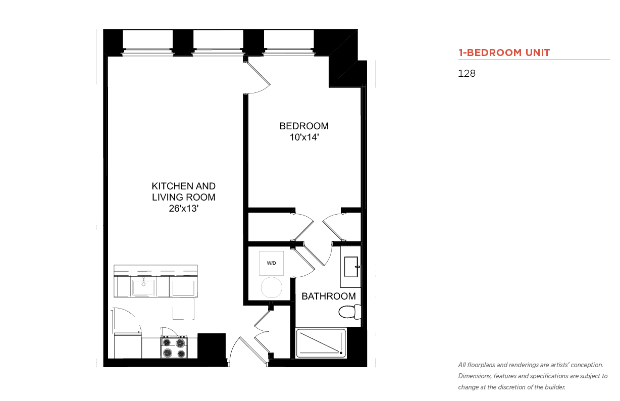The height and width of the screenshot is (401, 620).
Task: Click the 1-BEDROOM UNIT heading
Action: pyautogui.click(x=504, y=53)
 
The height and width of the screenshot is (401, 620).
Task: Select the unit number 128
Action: pyautogui.click(x=467, y=73)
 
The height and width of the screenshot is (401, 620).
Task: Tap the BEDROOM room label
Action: pyautogui.click(x=304, y=126)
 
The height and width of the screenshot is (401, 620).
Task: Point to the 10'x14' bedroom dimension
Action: pyautogui.click(x=304, y=137)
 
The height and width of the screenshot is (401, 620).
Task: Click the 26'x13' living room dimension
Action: pyautogui.click(x=184, y=208)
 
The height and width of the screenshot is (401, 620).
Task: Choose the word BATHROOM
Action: pyautogui.click(x=329, y=296)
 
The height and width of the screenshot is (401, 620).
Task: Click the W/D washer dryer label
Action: pyautogui.click(x=271, y=263)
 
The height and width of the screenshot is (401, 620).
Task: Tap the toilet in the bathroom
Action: pyautogui.click(x=350, y=312)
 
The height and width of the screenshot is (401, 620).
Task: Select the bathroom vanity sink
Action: pyautogui.click(x=351, y=267)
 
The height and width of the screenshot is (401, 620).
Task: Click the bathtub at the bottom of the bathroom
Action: pyautogui.click(x=321, y=343)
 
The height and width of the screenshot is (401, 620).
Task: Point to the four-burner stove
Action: pyautogui.click(x=174, y=347)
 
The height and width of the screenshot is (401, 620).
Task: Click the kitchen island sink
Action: pyautogui.click(x=143, y=287)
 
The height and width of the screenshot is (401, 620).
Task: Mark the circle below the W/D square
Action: pyautogui.click(x=271, y=287)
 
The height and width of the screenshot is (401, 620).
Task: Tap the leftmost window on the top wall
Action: pyautogui.click(x=148, y=43)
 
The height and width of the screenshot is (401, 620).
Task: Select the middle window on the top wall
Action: pyautogui.click(x=219, y=43)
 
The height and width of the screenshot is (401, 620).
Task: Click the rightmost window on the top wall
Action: pyautogui.click(x=289, y=43)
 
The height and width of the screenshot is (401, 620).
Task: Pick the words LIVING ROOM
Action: pyautogui.click(x=183, y=197)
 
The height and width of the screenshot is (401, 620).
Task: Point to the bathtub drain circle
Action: pyautogui.click(x=341, y=353)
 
